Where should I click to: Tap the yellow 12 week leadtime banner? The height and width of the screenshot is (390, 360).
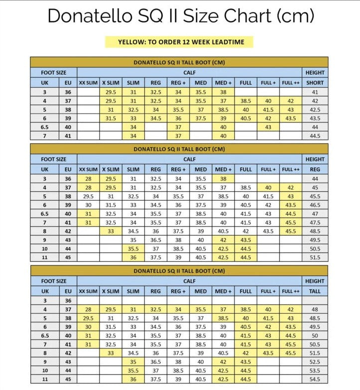tap(179, 42)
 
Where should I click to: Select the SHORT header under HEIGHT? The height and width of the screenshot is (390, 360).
tap(315, 83)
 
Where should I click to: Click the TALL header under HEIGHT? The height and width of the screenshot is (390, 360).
tap(315, 291)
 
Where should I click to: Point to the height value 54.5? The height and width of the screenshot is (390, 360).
tap(315, 380)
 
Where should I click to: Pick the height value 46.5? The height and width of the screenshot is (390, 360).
tap(315, 205)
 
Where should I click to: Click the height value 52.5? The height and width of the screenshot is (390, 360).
tap(315, 362)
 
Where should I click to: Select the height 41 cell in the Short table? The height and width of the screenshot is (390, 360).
tap(315, 92)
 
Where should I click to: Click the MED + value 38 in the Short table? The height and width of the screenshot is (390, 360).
tap(223, 92)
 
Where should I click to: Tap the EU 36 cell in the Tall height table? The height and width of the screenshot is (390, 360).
tap(68, 300)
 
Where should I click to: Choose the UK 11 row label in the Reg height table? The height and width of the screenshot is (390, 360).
tap(45, 257)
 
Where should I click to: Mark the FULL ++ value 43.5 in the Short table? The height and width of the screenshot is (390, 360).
tap(291, 118)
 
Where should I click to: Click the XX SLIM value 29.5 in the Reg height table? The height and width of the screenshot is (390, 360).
tap(89, 196)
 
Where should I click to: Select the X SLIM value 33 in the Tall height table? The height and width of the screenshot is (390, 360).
tap(111, 353)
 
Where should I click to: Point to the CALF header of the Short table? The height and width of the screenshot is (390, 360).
tap(189, 73)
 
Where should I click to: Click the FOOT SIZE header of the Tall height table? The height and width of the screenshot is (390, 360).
tap(54, 281)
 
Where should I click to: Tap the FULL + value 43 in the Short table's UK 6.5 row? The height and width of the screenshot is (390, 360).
tap(268, 127)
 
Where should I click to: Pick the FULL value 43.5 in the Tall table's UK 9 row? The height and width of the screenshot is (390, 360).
tap(245, 362)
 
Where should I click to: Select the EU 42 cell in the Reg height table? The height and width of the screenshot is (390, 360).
tap(68, 231)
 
